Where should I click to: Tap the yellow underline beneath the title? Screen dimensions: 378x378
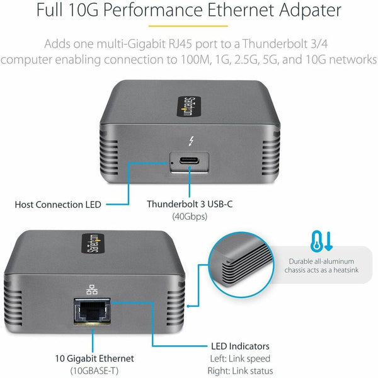point(188,26)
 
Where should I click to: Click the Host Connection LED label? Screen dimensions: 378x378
point(58,204)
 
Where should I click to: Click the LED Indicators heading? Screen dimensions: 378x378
point(239,346)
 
